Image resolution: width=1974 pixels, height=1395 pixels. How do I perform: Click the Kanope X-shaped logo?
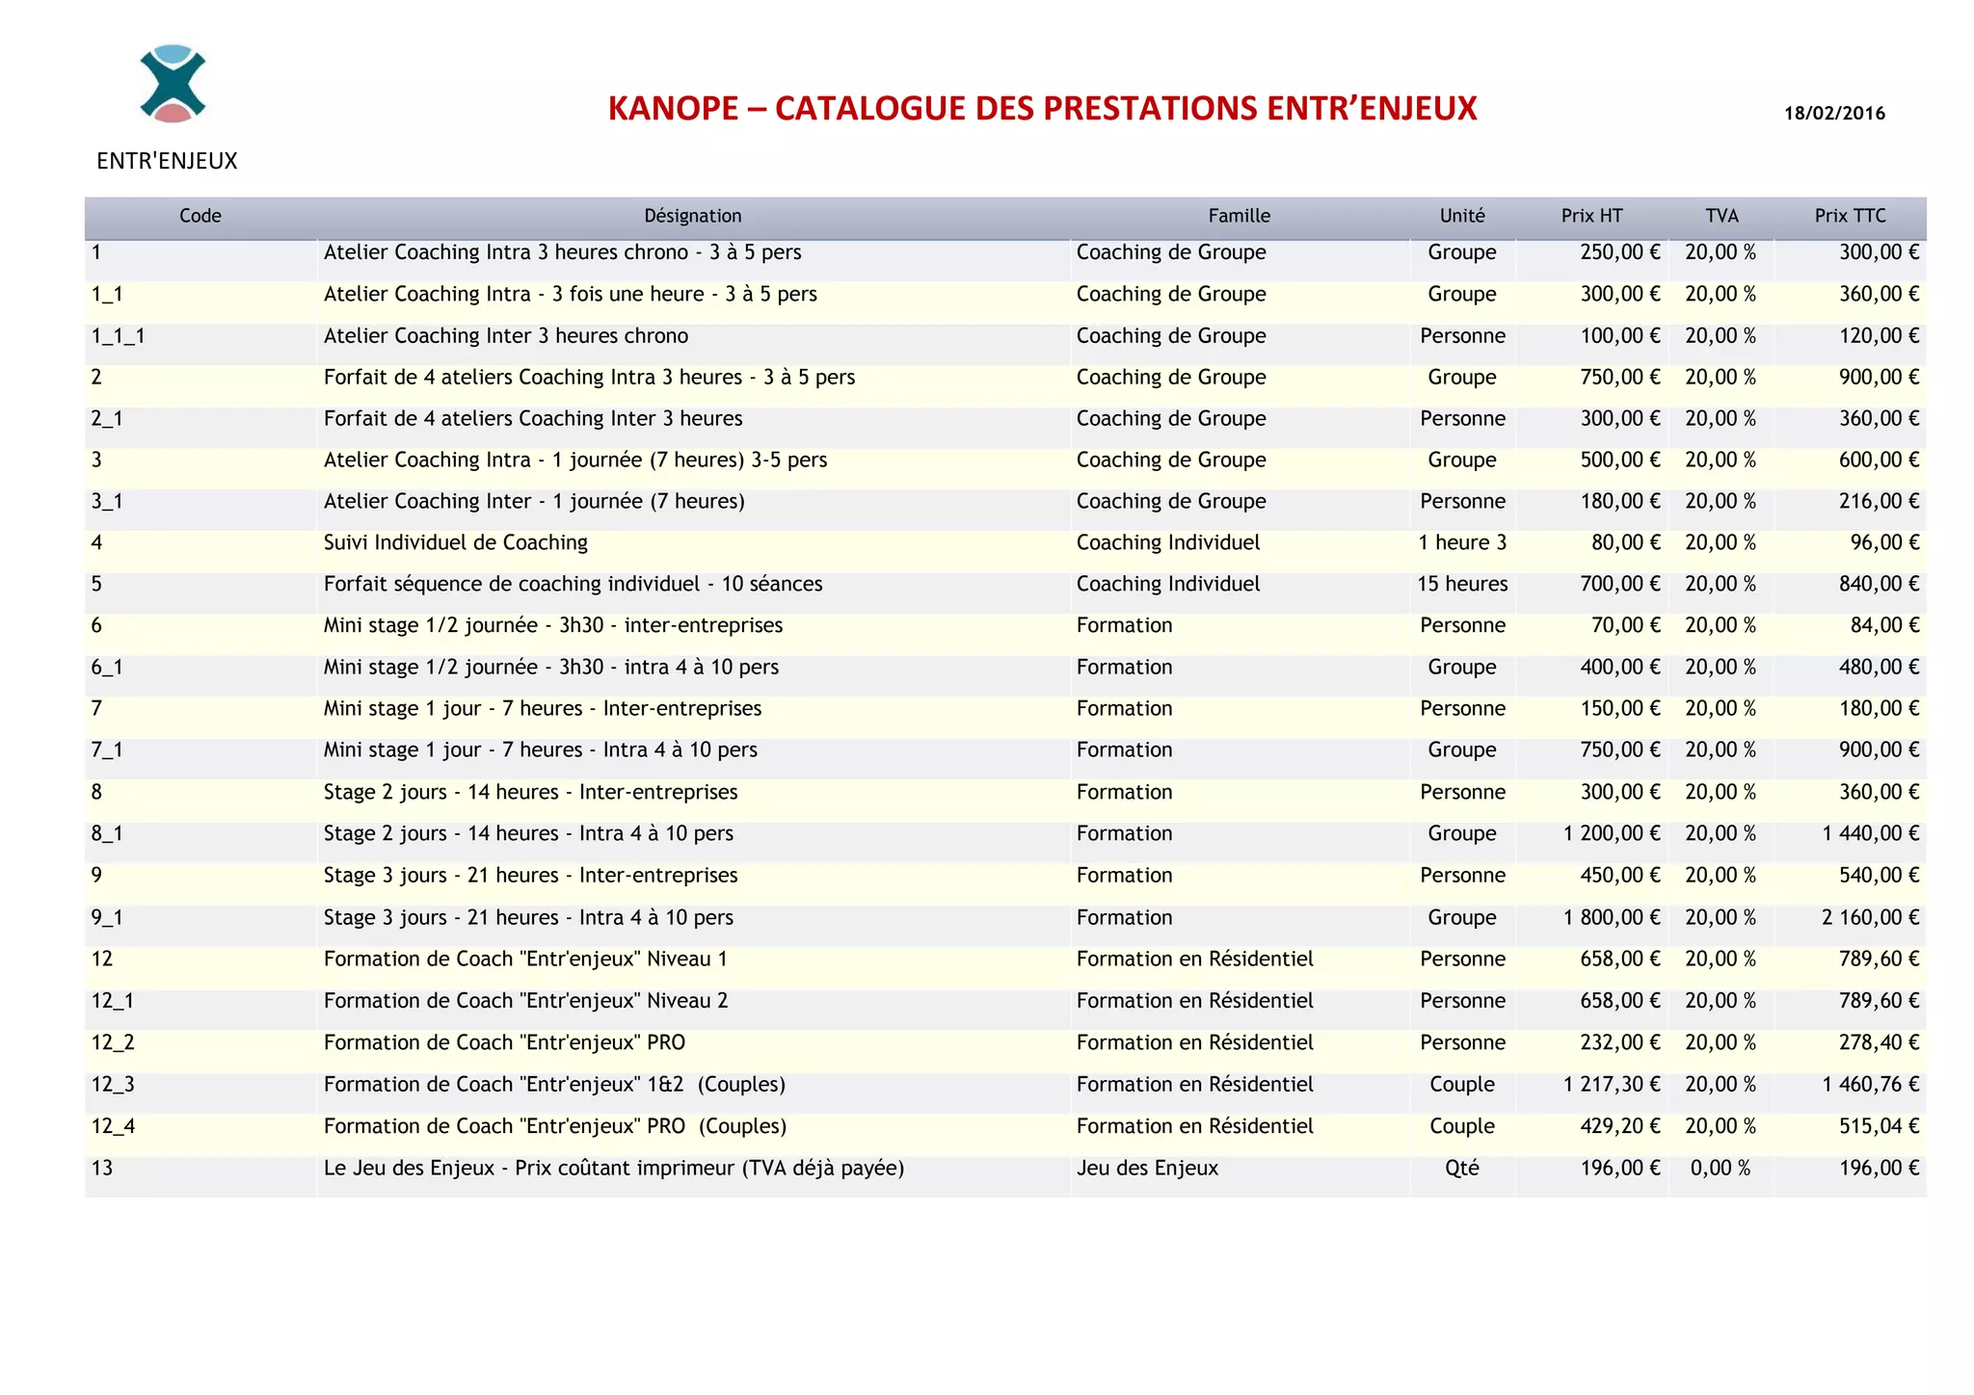[x=173, y=84]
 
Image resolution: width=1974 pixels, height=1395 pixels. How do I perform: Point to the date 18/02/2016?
[x=1834, y=114]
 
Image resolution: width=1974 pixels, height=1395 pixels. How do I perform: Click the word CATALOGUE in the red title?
[x=870, y=109]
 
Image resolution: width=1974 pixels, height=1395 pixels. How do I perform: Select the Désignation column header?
[x=692, y=217]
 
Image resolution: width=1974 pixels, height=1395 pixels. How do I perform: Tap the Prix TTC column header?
[x=1850, y=217]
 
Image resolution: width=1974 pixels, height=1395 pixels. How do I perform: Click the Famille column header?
[x=1239, y=217]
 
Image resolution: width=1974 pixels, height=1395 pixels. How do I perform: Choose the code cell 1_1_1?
[x=118, y=336]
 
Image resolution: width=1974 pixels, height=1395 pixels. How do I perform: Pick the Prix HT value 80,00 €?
[x=1625, y=543]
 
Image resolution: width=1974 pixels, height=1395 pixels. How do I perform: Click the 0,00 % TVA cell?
[x=1720, y=1169]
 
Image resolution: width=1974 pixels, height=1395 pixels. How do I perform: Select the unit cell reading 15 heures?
[x=1462, y=585]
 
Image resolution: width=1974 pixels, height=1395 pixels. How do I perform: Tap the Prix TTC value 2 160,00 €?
[x=1870, y=918]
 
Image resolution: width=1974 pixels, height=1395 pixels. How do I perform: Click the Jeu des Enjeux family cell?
[x=1147, y=1169]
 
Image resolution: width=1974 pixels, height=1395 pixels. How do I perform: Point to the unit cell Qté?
[x=1462, y=1169]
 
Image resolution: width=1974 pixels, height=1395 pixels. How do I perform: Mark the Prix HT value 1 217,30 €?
[x=1612, y=1085]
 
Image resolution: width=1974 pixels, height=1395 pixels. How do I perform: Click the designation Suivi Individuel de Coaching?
[x=455, y=543]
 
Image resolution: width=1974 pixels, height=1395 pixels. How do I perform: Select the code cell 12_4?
[x=113, y=1126]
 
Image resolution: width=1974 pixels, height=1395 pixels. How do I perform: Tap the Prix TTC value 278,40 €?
[x=1879, y=1043]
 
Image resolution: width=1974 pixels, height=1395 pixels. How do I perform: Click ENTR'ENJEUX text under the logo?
[x=167, y=161]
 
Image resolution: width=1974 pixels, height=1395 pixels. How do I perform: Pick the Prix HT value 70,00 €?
[x=1625, y=626]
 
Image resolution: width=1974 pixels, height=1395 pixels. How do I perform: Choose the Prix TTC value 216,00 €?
[x=1879, y=502]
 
